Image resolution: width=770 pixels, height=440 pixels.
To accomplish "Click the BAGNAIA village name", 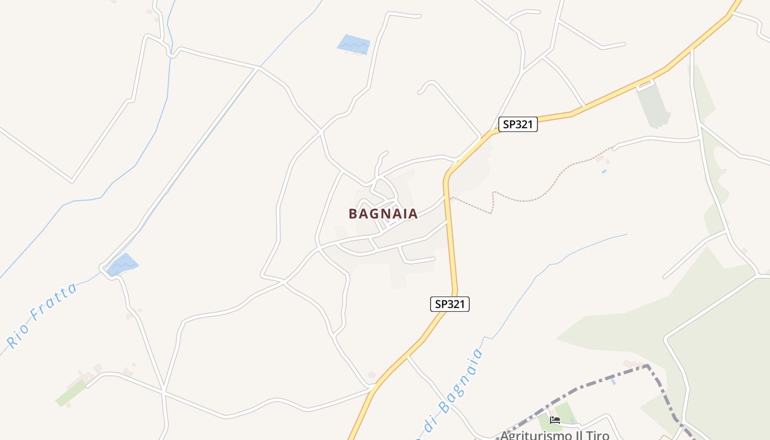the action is point(383,214).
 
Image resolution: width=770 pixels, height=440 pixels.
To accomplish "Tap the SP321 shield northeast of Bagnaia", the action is point(518,124).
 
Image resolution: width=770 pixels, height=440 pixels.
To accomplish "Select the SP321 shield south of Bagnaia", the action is point(449,304).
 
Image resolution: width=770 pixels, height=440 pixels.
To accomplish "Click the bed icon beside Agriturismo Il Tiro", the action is point(554,420).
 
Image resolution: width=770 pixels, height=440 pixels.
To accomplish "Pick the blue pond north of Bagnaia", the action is point(353,45).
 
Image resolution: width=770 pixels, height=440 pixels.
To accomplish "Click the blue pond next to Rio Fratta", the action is point(122,265).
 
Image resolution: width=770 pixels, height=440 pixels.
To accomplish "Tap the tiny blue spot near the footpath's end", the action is point(604,172).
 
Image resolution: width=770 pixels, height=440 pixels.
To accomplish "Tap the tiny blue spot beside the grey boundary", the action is point(613,381).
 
